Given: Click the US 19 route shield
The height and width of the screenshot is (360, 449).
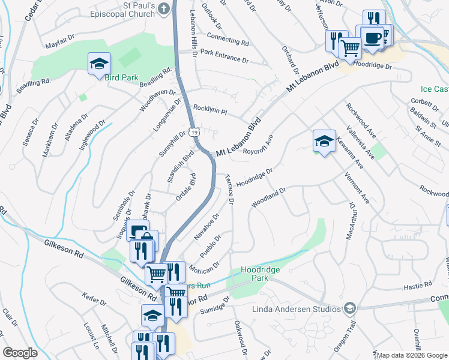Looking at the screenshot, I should click(193, 131).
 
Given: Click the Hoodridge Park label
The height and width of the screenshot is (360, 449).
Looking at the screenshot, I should click(261, 274).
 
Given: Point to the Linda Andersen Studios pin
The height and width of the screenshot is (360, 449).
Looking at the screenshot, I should click(349, 309).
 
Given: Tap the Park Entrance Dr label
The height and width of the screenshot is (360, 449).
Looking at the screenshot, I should click(224, 56).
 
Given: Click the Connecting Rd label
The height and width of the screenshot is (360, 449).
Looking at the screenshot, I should click(228, 40).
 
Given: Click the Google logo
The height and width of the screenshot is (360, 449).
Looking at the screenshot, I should click(20, 353).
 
